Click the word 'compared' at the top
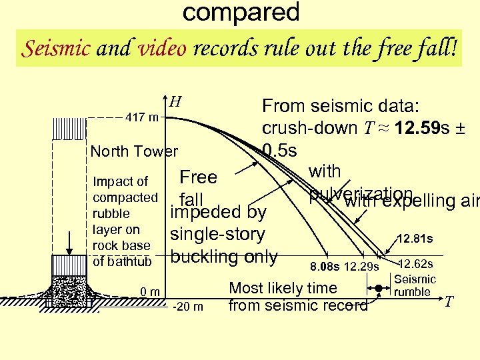[241, 12]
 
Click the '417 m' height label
[142, 118]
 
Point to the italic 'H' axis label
[175, 102]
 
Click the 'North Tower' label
[134, 151]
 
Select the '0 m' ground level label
[151, 291]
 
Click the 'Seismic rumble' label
[415, 286]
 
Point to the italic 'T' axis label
[449, 302]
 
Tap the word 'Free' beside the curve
[199, 177]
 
